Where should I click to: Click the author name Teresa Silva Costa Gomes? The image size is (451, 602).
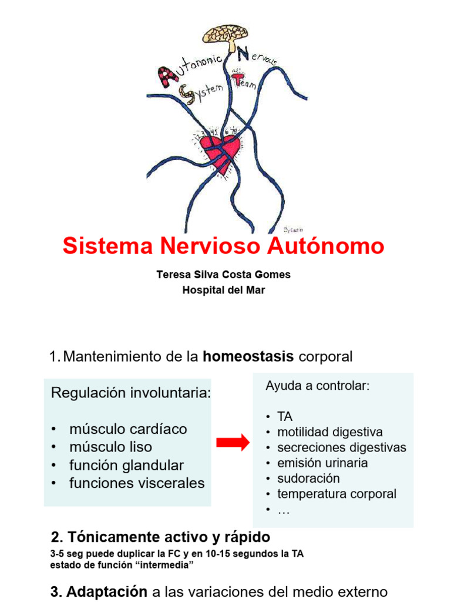click(x=223, y=275)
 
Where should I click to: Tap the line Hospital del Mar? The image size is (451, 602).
click(x=223, y=290)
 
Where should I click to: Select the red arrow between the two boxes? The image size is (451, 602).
click(x=233, y=444)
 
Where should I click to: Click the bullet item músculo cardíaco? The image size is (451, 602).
click(x=128, y=429)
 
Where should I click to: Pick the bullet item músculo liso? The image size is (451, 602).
click(x=110, y=447)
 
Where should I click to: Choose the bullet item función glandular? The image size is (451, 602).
click(x=126, y=465)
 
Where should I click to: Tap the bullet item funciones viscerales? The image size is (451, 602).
click(x=137, y=483)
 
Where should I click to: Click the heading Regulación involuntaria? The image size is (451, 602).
click(x=131, y=393)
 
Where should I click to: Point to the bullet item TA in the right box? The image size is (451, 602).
click(x=285, y=416)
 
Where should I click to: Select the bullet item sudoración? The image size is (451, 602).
click(x=308, y=478)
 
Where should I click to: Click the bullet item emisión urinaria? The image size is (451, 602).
click(x=322, y=463)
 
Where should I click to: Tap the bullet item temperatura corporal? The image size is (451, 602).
click(x=336, y=494)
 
